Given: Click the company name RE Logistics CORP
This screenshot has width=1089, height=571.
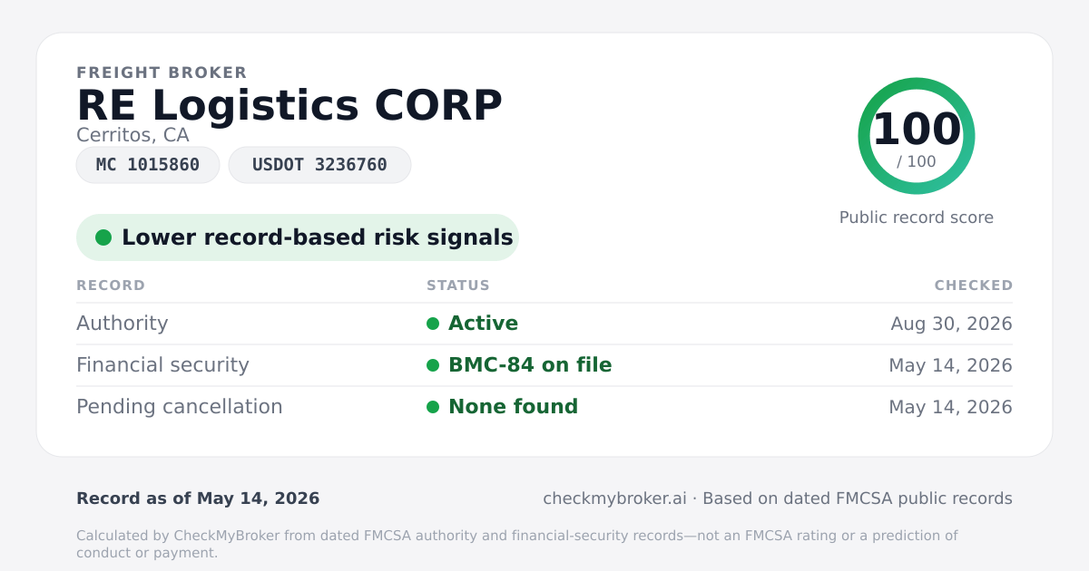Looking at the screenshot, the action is (289, 106).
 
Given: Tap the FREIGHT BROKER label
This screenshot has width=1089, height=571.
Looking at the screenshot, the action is (162, 73).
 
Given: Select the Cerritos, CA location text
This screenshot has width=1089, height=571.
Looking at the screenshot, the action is (132, 135).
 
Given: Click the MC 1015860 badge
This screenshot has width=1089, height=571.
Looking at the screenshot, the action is (148, 165).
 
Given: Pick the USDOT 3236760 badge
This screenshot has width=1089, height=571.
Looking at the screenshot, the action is (319, 165).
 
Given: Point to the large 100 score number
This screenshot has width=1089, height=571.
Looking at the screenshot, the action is (917, 129).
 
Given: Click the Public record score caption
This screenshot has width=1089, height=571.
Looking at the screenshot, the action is (917, 218).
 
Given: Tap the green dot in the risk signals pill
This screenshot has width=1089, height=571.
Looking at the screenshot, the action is (103, 237).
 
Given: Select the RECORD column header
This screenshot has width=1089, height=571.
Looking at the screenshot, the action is (111, 285).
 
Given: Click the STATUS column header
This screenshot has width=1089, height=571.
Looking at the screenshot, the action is (458, 285).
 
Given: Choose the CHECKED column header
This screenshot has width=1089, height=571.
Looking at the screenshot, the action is (974, 285).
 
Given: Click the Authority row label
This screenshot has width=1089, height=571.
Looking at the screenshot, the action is (122, 324).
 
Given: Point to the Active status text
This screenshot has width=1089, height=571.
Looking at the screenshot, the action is (483, 324).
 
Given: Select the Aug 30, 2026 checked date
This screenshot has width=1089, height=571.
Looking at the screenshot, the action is (951, 324).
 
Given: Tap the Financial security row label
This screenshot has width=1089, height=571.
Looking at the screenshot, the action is (162, 365).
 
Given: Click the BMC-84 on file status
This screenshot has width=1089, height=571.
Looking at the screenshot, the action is (530, 365).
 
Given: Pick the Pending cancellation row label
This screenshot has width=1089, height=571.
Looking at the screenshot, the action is (180, 407).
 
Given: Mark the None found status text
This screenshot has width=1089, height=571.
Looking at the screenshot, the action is (513, 407).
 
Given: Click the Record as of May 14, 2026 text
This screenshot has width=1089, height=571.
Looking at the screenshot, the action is (198, 498).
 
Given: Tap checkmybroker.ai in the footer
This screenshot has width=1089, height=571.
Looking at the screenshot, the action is (614, 498).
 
